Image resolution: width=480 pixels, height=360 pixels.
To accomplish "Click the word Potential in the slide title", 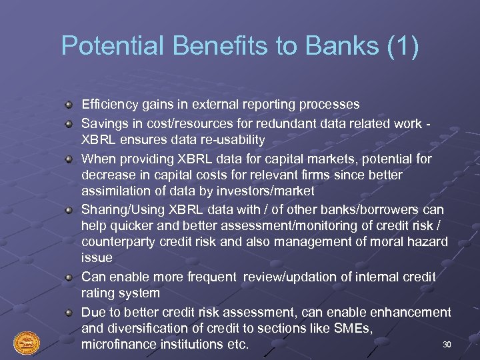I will (103, 47).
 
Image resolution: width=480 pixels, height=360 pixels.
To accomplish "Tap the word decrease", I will (107, 175).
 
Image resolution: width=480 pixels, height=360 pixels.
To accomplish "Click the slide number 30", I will (447, 344).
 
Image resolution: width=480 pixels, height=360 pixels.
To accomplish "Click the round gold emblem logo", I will (27, 343).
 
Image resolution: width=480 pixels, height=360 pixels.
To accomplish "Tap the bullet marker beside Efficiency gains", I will (69, 105).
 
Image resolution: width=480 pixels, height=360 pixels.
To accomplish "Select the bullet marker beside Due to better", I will (69, 313).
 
